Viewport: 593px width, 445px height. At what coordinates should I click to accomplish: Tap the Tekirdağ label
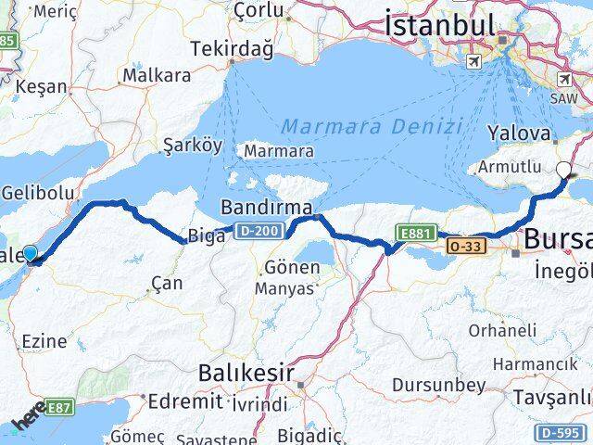[x=220, y=48]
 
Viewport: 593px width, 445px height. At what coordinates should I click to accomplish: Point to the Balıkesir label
[x=245, y=374]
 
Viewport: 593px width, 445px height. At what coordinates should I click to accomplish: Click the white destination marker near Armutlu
[x=564, y=170]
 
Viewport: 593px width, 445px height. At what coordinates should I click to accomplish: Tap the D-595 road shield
[x=559, y=432]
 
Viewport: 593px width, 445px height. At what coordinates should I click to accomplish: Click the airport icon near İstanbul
[x=474, y=62]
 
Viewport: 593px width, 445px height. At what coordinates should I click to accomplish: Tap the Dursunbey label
[x=425, y=384]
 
